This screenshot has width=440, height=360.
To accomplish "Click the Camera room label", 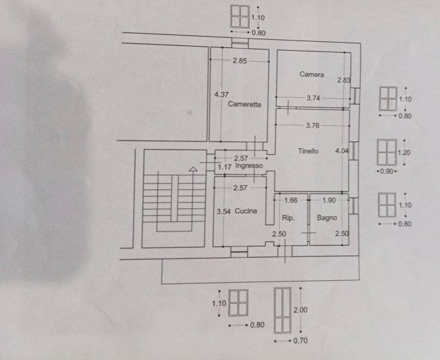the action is (311, 74).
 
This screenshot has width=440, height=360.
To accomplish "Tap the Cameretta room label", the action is (244, 104).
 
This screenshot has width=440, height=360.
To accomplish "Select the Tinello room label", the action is (308, 151).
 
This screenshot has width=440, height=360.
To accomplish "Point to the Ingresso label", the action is (249, 166).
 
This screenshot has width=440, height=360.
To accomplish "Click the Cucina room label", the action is (246, 211).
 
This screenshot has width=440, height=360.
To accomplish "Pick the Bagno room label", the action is (327, 218).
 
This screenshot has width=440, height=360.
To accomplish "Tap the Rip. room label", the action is (288, 218).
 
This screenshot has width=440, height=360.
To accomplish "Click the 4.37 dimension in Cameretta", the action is (221, 95).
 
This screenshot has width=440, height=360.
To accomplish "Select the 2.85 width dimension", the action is (240, 61).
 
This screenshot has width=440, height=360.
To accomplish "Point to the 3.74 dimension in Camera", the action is (313, 98).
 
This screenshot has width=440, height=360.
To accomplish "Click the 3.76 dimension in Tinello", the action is (313, 125).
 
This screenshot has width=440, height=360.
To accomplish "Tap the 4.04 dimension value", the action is (342, 151).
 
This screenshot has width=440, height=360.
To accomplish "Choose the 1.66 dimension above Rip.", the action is (290, 200).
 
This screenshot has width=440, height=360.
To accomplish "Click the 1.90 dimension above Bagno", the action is (329, 200).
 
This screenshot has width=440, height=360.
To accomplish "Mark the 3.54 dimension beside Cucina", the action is (223, 212).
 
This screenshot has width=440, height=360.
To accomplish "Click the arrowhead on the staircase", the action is (194, 169).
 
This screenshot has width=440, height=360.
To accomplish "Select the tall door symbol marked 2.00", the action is (282, 310).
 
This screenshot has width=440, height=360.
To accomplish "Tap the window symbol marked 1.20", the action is (387, 152).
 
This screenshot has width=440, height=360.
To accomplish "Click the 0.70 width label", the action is (301, 340).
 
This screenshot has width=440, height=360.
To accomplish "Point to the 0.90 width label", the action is (387, 171).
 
